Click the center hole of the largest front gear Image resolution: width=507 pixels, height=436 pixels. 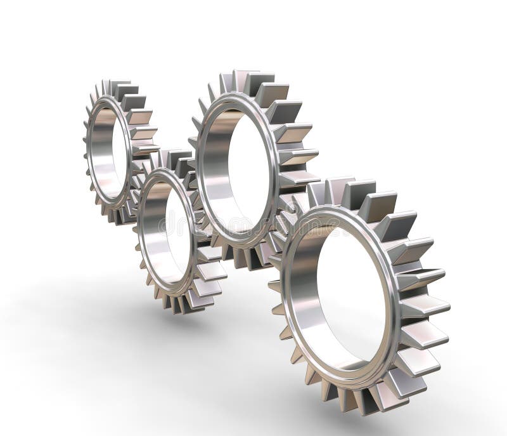tap(352, 298)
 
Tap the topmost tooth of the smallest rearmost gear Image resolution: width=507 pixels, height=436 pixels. tap(118, 86)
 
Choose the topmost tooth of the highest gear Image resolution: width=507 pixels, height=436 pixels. tap(241, 79)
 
